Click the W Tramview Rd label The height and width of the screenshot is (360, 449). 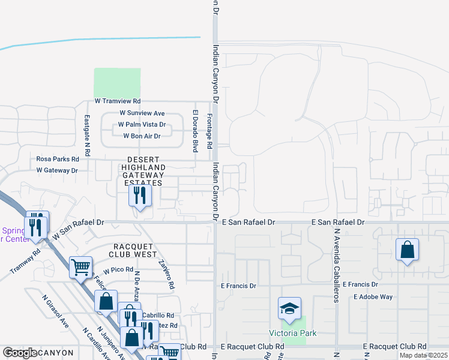pos(117,101)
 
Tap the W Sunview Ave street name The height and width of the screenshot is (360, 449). pos(142,113)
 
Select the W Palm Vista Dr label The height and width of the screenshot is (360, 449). pos(142,124)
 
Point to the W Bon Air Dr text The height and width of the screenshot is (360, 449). pos(142,136)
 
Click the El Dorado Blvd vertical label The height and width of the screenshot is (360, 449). pos(195,130)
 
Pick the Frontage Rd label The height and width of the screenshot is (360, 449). pos(209,128)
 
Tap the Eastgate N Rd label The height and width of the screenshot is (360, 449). pos(87,136)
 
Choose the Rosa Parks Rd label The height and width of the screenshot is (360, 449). pos(58,159)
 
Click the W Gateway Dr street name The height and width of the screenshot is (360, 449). pos(57,170)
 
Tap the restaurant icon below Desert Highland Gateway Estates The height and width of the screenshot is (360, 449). pos(140,196)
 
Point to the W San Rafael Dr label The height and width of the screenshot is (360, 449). pos(78,229)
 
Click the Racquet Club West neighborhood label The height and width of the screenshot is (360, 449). pos(135,250)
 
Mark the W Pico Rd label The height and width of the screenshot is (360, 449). pos(117,271)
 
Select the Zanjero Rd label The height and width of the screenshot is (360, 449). pos(166,274)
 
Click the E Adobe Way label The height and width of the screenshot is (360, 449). pos(373,296)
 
